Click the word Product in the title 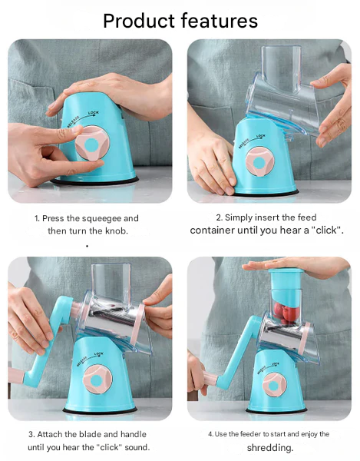click(139, 21)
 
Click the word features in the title click(219, 21)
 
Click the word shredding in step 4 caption click(270, 448)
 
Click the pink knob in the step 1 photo click(92, 144)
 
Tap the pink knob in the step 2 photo click(259, 162)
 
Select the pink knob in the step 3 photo click(97, 380)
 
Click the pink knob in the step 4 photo click(274, 385)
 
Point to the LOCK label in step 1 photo click(94, 113)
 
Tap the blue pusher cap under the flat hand click(286, 279)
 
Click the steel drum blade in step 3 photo click(111, 320)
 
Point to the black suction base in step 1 click(94, 181)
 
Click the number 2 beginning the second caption click(219, 218)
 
